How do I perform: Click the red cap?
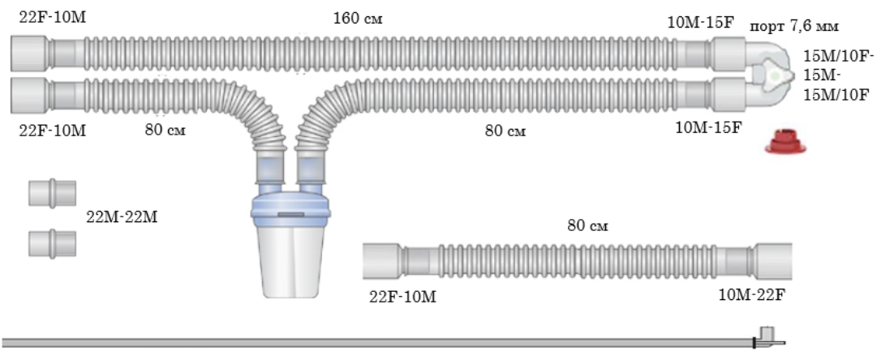point(785,141)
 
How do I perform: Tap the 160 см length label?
point(358,19)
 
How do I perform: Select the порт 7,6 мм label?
point(794,27)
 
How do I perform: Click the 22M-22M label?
point(122,217)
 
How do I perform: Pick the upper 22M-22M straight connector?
point(52,193)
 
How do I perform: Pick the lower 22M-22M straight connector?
point(52,244)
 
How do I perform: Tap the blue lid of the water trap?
point(291,211)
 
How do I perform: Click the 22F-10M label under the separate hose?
point(403,296)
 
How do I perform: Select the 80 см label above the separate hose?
point(587,225)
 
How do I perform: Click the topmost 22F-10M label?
point(52,17)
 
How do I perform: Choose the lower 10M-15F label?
point(708,128)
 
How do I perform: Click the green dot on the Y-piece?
point(776,75)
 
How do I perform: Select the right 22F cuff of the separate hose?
point(774,261)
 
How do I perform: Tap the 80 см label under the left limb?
point(165,130)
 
